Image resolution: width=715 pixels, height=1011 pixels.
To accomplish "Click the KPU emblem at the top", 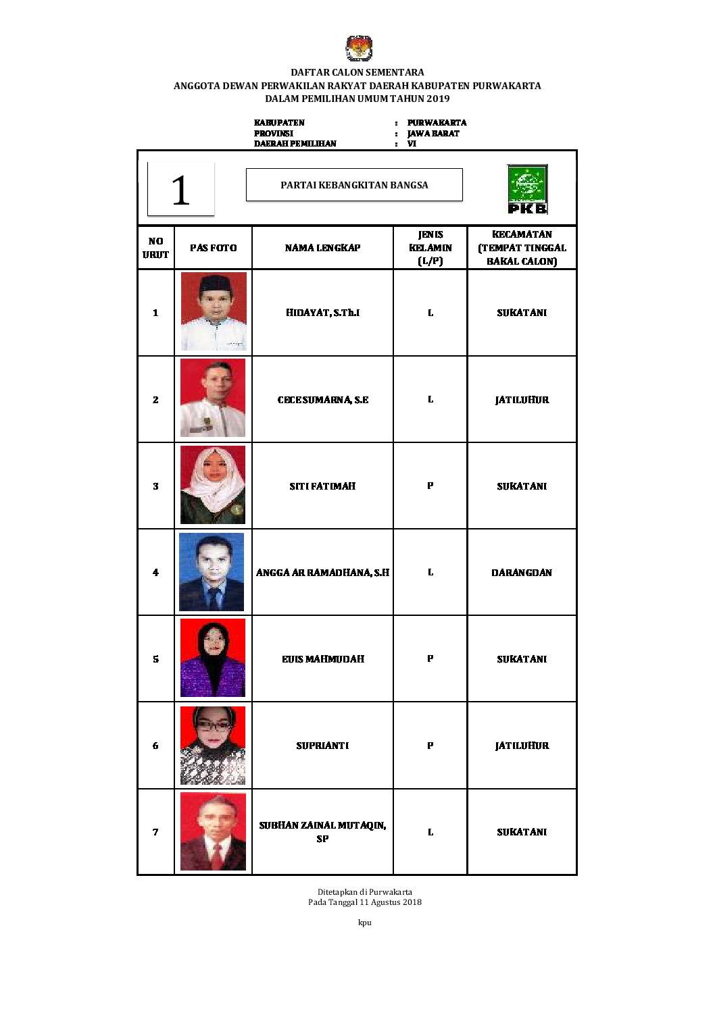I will pos(358,49).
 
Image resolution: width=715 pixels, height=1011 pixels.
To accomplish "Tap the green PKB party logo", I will pos(527,190).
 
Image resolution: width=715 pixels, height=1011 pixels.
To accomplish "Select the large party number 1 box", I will pos(180,189).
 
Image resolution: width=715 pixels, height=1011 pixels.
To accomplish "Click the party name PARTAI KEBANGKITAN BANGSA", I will pos(354,185).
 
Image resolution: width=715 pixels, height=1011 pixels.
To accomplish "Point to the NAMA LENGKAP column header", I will pos(322,248).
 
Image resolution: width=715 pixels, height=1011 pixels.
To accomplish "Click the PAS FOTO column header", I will pos(213,248).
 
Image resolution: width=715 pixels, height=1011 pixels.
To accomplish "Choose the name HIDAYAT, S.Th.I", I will pos(322,313).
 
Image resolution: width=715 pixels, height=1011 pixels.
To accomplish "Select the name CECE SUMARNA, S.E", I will pos(322,400).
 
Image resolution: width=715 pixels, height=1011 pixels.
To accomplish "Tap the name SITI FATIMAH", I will pos(322,486).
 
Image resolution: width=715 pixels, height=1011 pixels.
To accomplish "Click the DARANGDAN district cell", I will pos(522,573).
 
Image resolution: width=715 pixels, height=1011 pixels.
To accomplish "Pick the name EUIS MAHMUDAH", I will pos(322,659).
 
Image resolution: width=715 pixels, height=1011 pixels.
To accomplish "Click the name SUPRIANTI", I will pos(322,746).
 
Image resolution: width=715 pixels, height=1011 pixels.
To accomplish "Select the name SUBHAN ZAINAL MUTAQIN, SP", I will pos(322,832).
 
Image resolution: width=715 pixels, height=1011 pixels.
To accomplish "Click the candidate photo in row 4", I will pos(212,572).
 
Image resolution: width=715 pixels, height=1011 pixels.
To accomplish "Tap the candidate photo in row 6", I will pos(213,746).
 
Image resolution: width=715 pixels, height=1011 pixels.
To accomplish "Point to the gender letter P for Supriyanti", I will pos(430,746).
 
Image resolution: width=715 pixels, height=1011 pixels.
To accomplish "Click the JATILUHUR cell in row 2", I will pos(522,400).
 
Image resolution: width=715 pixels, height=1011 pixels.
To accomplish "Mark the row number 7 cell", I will pos(155,832).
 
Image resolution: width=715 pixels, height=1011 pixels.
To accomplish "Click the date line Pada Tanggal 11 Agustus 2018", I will pos(365,902).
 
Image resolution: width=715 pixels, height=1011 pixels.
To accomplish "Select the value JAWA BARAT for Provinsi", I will pos(433,133).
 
